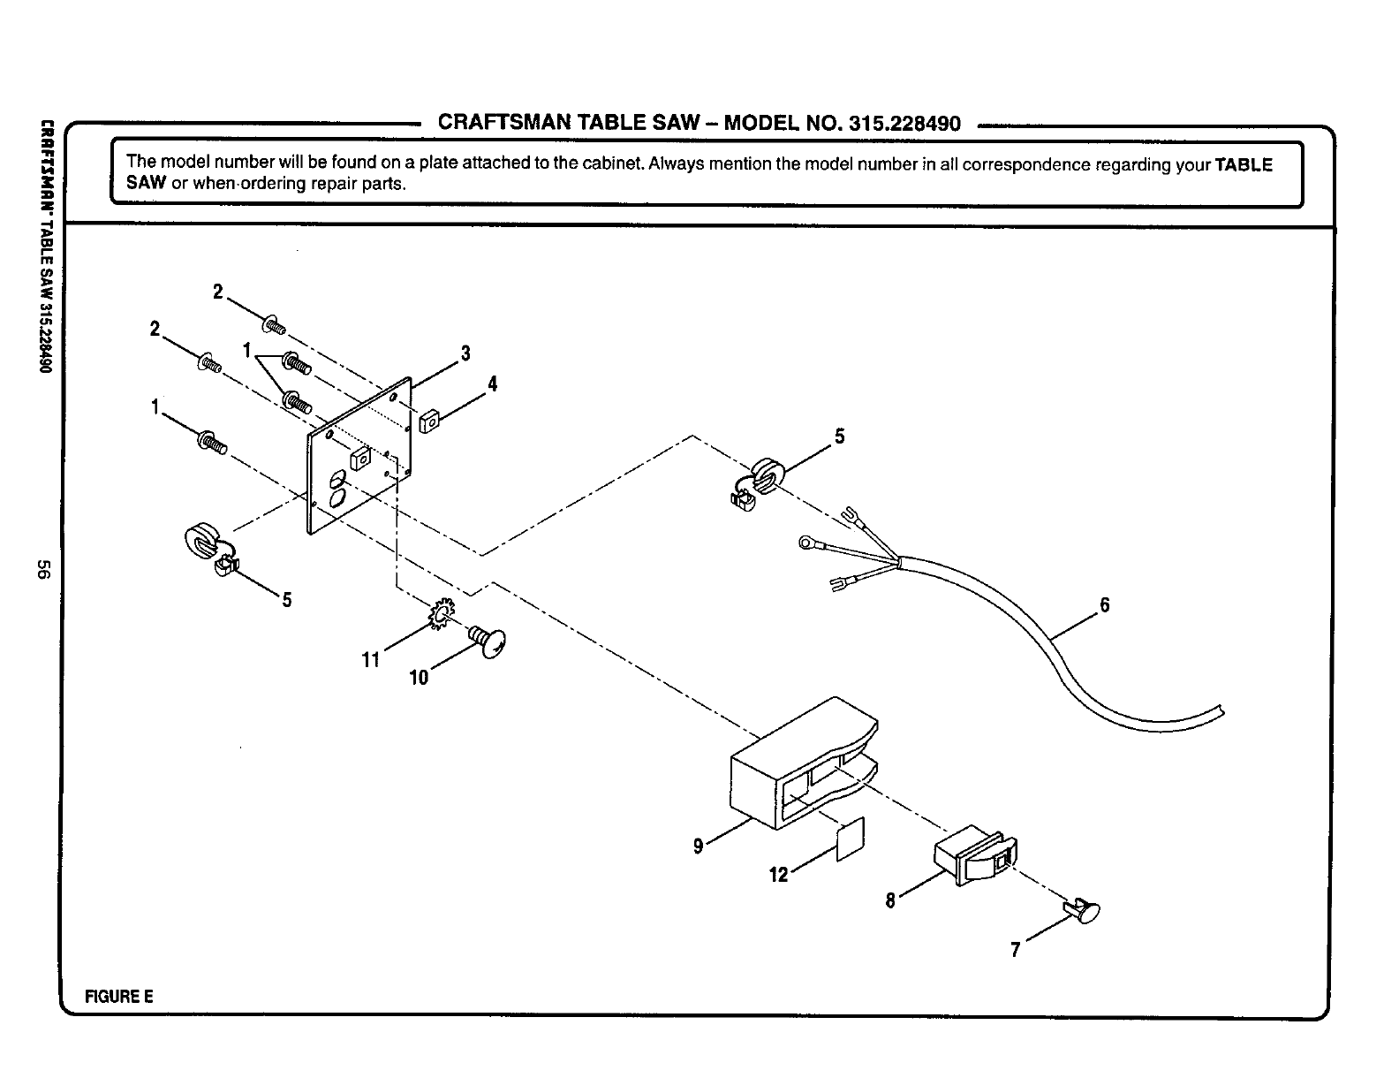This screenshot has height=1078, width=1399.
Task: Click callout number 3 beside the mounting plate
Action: [x=465, y=354]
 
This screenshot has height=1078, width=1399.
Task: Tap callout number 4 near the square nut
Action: [x=492, y=384]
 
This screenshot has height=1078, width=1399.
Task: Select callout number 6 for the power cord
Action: [x=1104, y=605]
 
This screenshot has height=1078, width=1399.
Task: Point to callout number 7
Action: [x=1016, y=950]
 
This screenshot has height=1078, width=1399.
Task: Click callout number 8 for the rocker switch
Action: [x=890, y=900]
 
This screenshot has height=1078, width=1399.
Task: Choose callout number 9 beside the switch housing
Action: [x=698, y=846]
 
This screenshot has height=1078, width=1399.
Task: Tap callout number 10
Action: [x=419, y=678]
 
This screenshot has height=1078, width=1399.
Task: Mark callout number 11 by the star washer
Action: [x=370, y=659]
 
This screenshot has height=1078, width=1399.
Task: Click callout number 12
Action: [x=778, y=875]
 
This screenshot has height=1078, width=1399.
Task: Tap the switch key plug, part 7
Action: [x=1085, y=910]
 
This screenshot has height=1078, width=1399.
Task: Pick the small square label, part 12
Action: [x=850, y=838]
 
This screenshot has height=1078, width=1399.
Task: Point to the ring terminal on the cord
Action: [x=806, y=543]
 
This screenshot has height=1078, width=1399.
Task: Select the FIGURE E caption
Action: [x=118, y=997]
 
